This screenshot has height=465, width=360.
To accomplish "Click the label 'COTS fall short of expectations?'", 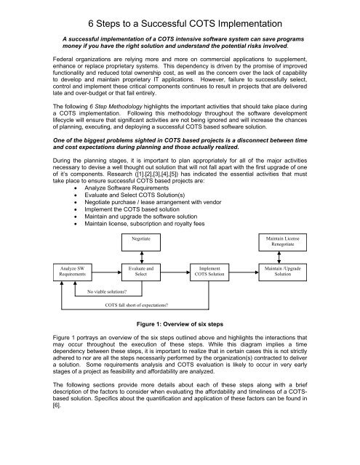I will pos(137,305).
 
